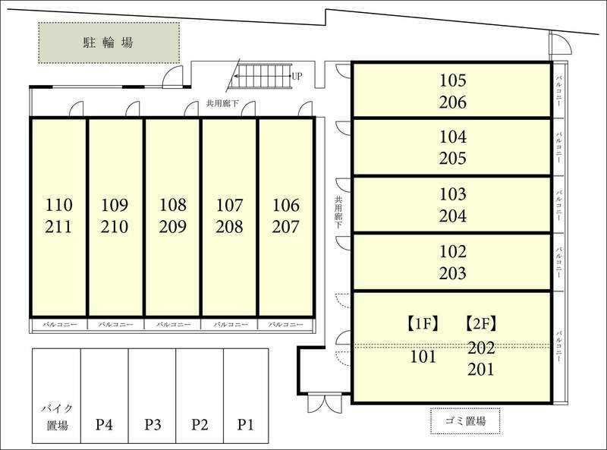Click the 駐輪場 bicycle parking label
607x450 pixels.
coord(109,42)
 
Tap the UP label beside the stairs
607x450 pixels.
coord(297,77)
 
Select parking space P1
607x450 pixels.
coord(245,424)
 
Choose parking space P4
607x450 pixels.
coord(104,424)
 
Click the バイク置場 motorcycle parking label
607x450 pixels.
coord(58,417)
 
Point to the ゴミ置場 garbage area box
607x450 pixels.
coord(465,420)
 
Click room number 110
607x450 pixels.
coord(59,205)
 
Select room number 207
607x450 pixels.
coord(286,227)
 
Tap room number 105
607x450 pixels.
coord(452,80)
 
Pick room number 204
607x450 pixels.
coord(452,216)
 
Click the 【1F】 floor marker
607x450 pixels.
coord(423,323)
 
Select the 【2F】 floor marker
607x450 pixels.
coord(481,323)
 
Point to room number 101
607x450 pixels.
coord(423,357)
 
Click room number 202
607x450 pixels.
coord(481,348)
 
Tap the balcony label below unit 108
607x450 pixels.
coord(173,325)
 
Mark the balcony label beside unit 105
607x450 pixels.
coord(559,91)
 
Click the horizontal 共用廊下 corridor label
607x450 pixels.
coord(222,103)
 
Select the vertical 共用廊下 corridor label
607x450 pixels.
coord(338,212)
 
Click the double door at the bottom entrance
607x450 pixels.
coord(325,403)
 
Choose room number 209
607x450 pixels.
coord(173,227)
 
